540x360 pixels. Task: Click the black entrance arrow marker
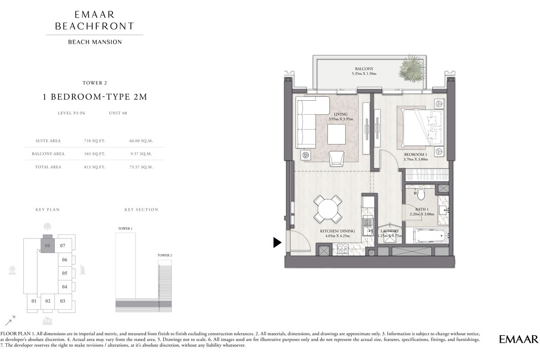[277, 243]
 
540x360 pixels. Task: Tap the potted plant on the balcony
[411, 67]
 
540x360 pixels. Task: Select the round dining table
[328, 209]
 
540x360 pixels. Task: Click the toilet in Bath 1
[421, 194]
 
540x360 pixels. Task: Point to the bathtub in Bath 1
[430, 235]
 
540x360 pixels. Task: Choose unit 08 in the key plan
[47, 245]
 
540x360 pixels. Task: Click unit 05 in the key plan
[64, 273]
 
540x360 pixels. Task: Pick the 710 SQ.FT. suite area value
[94, 141]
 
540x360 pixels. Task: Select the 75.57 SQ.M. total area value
[141, 167]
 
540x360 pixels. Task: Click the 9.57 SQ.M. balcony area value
[141, 154]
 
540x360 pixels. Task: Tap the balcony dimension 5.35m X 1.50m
[364, 74]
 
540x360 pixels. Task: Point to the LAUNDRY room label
[390, 231]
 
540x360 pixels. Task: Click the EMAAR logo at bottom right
[518, 339]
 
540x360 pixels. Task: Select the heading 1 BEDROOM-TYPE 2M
[94, 97]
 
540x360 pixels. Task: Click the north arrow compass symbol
[9, 321]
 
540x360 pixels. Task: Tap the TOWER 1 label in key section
[125, 229]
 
